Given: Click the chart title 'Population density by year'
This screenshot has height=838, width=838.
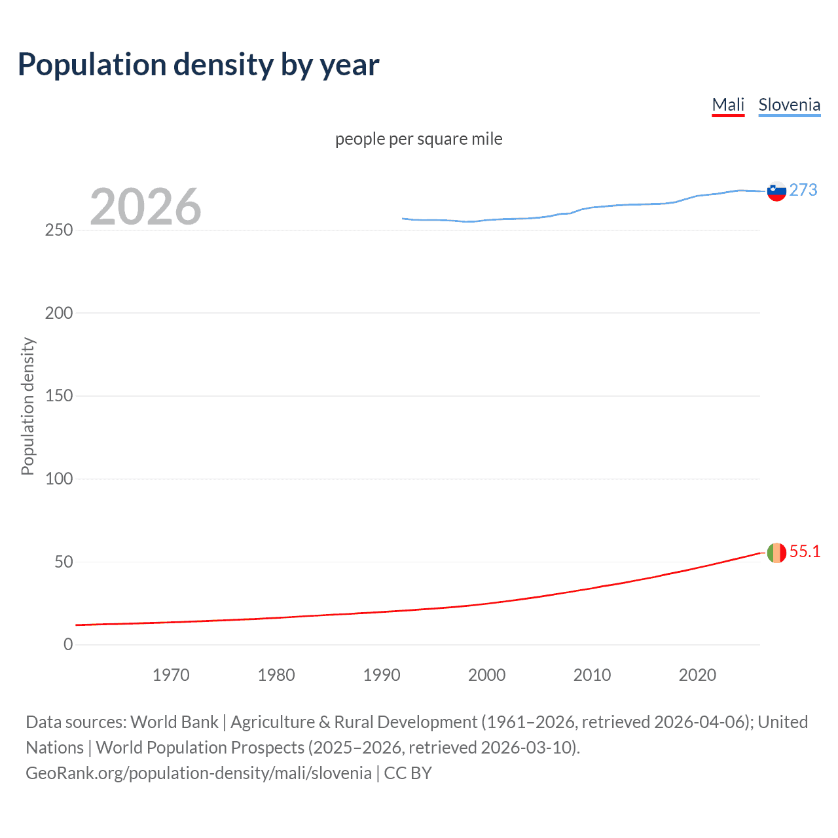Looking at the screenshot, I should pos(198,65).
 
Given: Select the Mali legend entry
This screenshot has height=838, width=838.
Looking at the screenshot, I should pos(728,105).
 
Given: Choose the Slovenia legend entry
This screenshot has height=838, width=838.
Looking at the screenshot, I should pos(789,105).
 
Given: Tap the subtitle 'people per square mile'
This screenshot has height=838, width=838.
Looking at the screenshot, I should pos(418,139).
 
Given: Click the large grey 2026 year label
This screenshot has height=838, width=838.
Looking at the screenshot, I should pos(145,207).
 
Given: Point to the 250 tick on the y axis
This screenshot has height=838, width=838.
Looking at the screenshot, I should pos(59,230).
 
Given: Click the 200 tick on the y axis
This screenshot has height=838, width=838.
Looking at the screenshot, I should pos(59,313).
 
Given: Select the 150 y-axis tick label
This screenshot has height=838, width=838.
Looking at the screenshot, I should pos(59,395).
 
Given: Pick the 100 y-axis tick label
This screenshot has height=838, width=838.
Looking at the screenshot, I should pos(59,479).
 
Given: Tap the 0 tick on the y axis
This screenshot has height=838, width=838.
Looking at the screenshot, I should pos(68,644).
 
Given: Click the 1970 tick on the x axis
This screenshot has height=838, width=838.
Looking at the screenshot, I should pos(171,675).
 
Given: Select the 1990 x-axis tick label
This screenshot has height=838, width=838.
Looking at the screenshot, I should pos(382,675).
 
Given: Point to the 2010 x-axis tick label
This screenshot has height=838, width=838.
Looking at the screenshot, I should pos(592,675).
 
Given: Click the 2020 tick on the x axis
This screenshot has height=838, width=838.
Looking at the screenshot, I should pos(697,675).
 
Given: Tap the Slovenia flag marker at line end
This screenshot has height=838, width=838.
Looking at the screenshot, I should pos(776,191).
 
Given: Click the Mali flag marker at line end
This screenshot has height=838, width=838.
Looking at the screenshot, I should pos(776,553).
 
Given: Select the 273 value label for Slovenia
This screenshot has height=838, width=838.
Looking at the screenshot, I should pos(803,190).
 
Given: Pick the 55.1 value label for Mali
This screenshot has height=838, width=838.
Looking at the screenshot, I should pos(805,551).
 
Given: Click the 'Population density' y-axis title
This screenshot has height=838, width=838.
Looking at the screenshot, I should pos(27,406).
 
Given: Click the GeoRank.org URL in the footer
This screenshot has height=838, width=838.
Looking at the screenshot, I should pos(198,773).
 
